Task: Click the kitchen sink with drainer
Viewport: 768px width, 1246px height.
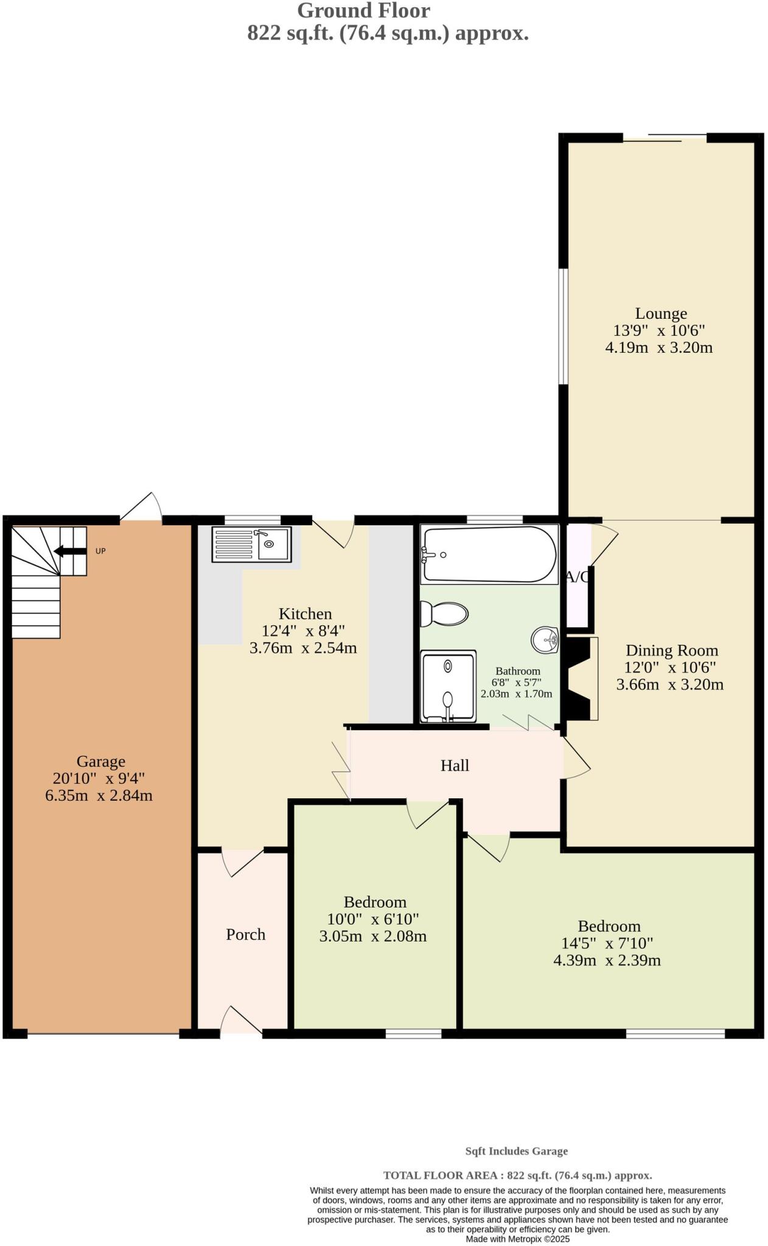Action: [251, 544]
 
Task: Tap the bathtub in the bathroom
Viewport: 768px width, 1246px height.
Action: [489, 554]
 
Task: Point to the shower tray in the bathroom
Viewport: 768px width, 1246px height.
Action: [448, 686]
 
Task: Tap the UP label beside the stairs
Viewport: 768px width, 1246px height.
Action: [100, 551]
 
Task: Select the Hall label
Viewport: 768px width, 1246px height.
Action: [454, 765]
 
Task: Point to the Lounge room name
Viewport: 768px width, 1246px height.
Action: [661, 313]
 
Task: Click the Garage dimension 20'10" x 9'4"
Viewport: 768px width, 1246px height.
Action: [99, 778]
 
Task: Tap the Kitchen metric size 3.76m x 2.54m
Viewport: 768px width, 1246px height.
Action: [302, 648]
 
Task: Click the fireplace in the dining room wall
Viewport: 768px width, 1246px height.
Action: [579, 678]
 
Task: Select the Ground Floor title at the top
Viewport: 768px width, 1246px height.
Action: [363, 10]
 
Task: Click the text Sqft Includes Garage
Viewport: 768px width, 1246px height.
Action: [516, 1151]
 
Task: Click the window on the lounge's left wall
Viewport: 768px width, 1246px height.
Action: [563, 327]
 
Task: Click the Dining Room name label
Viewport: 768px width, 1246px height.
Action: [671, 650]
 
